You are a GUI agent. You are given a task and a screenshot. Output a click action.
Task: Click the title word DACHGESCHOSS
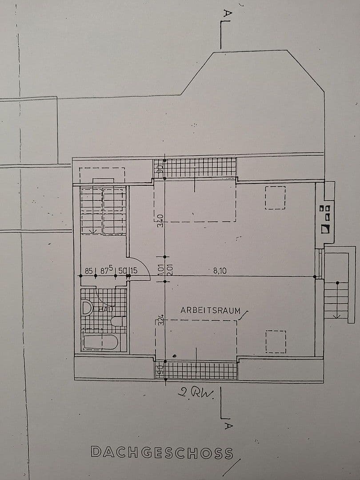(x=162, y=452)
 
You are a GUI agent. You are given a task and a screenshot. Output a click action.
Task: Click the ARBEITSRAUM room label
(x=210, y=310)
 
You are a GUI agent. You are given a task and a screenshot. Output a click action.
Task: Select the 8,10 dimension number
(x=220, y=270)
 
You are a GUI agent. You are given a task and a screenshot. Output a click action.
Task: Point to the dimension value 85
(x=88, y=270)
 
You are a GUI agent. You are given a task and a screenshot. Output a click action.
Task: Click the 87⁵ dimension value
(x=107, y=269)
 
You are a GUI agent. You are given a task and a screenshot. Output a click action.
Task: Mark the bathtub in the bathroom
(x=101, y=343)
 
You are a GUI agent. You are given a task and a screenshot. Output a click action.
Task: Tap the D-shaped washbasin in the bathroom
(x=87, y=308)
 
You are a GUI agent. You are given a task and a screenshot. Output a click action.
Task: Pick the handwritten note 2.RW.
(x=196, y=392)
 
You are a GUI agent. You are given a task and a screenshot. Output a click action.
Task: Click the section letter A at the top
(x=227, y=15)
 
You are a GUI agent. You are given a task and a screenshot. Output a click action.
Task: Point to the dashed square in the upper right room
(x=275, y=198)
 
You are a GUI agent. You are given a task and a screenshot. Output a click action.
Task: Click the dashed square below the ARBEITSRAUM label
(x=276, y=341)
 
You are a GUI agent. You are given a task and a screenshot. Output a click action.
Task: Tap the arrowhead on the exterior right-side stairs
(x=336, y=316)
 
